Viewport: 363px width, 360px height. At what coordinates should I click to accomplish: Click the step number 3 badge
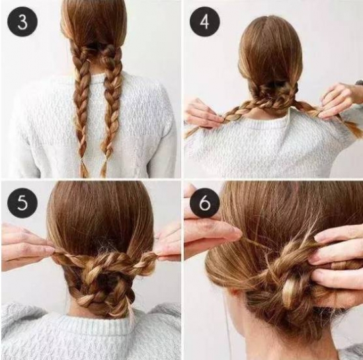click(x=22, y=22)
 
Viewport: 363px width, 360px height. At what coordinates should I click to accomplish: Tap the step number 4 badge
click(x=205, y=21)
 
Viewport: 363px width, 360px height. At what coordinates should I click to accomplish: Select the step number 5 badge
click(x=22, y=202)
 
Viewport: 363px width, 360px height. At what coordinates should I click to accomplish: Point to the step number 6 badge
click(x=205, y=202)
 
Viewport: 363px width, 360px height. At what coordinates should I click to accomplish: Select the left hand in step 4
click(x=202, y=113)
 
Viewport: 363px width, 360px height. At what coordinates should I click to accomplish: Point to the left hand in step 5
click(x=26, y=246)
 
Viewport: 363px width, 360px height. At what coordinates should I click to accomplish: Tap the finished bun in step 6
click(x=290, y=275)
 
